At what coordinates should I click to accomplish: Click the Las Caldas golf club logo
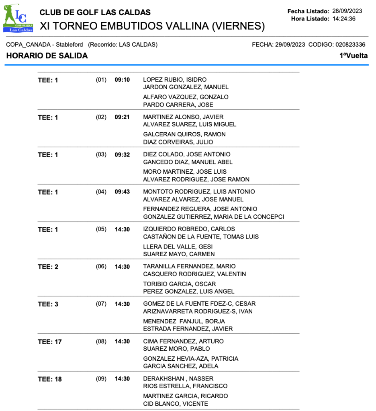point(18,18)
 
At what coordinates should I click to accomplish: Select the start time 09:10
point(122,80)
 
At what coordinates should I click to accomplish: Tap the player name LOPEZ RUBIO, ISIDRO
point(175,80)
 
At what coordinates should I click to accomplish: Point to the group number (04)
point(101,192)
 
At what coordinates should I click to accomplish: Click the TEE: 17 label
point(50,342)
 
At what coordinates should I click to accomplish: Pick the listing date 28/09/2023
point(347,11)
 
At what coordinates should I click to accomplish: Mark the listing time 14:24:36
point(344,18)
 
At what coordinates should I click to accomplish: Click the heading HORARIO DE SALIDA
point(47,56)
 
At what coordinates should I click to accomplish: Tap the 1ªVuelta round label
point(354,56)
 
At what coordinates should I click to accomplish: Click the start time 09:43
point(122,192)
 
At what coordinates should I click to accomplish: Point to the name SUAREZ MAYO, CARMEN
point(179,254)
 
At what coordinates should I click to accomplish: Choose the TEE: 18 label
point(50,379)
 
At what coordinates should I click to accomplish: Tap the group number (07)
point(101,304)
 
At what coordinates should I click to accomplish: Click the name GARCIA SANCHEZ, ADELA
point(181,366)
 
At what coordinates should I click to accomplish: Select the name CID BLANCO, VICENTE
point(176,404)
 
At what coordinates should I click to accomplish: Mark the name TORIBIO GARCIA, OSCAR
point(179,284)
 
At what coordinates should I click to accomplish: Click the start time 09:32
point(122,154)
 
